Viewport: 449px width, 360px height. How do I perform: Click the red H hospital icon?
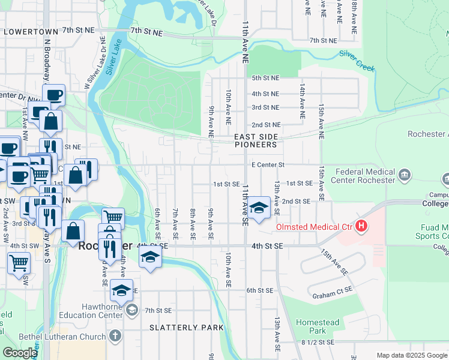[x=361, y=227]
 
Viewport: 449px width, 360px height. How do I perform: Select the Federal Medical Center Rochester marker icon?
[x=405, y=175]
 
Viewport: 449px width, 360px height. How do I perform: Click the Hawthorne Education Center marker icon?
[x=132, y=310]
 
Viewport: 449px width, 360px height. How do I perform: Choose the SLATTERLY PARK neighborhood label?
[x=187, y=328]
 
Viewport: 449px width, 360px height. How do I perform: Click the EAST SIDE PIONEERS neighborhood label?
[x=256, y=141]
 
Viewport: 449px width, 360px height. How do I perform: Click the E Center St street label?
[x=267, y=165]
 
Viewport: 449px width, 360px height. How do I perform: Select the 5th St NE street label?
[x=265, y=78]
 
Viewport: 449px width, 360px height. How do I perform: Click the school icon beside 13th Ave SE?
[x=259, y=208]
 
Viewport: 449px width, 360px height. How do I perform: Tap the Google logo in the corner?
[x=20, y=353]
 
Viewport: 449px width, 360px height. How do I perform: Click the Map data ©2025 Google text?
[x=412, y=355]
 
